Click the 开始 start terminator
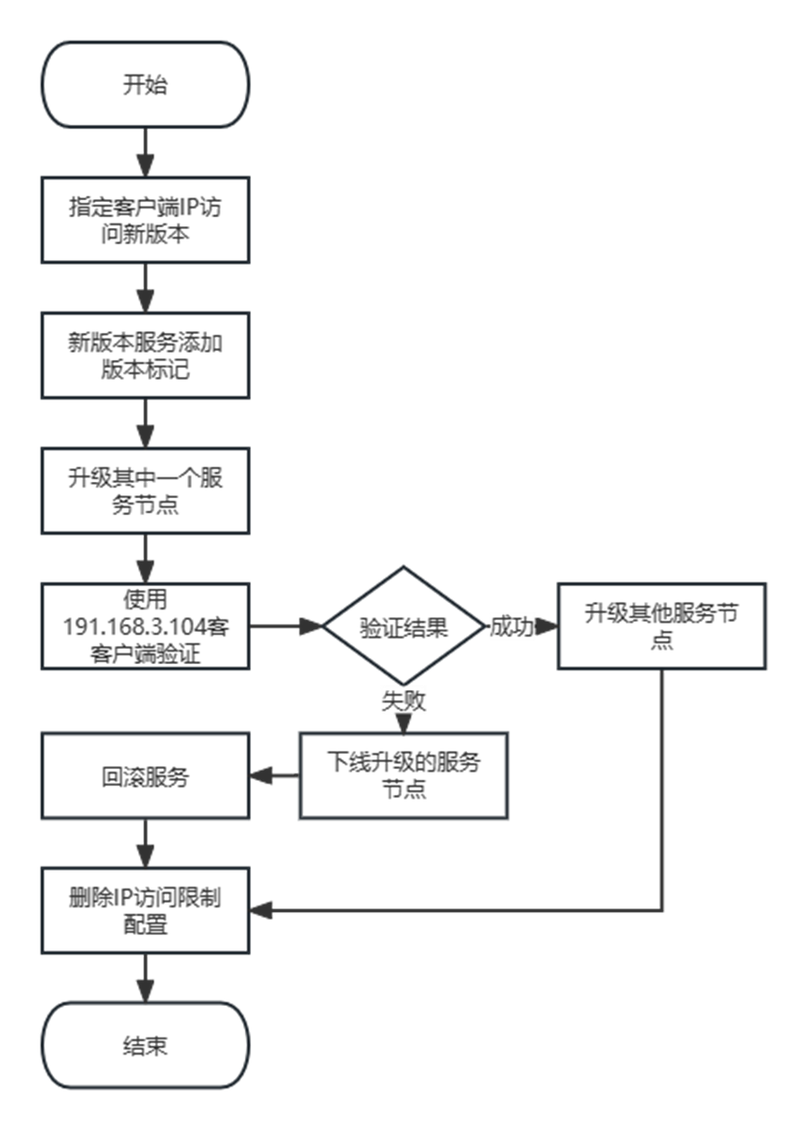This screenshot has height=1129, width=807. click(145, 85)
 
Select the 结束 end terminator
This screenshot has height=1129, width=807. click(145, 1046)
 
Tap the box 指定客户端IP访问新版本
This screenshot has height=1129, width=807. click(145, 220)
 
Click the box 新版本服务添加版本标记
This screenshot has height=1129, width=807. click(145, 355)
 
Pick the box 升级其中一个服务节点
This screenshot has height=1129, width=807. click(145, 491)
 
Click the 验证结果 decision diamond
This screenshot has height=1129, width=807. click(403, 626)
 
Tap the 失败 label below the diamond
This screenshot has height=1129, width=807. click(403, 701)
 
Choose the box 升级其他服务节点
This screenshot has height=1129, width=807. click(662, 626)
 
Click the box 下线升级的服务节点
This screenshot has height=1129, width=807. click(403, 776)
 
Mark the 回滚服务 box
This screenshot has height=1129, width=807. click(145, 776)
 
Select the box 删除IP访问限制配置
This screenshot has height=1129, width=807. click(145, 911)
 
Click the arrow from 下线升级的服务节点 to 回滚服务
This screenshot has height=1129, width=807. click(274, 776)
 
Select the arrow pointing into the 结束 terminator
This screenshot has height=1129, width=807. click(145, 978)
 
